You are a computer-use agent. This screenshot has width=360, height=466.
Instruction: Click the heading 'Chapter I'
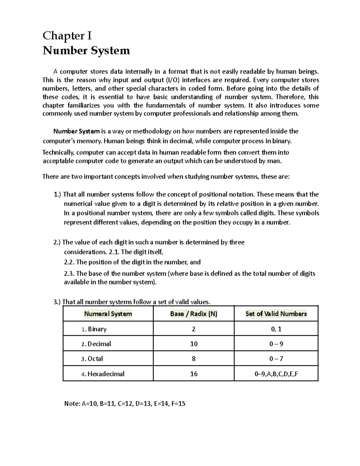click(x=67, y=36)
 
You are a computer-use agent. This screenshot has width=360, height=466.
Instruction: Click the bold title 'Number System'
click(x=86, y=50)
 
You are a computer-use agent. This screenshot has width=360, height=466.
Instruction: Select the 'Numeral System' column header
click(x=108, y=314)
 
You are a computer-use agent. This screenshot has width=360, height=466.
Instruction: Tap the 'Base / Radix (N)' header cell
click(x=193, y=314)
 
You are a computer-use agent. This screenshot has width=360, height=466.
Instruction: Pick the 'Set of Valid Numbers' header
click(x=276, y=314)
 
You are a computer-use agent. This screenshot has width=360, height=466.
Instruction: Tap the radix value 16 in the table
click(x=194, y=374)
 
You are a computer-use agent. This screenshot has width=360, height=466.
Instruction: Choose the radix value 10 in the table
click(x=194, y=344)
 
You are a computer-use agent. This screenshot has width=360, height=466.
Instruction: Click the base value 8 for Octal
click(x=194, y=359)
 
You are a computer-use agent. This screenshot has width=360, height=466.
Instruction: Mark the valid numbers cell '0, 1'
click(x=276, y=329)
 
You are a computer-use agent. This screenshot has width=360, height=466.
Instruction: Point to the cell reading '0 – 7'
click(x=276, y=359)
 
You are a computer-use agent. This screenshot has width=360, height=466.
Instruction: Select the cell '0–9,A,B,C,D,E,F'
click(x=276, y=374)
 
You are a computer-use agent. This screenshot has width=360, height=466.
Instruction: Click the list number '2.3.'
click(x=70, y=274)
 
